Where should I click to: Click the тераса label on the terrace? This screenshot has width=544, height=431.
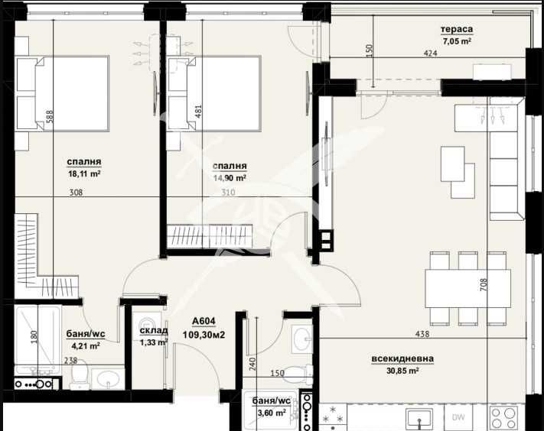pyautogui.click(x=456, y=30)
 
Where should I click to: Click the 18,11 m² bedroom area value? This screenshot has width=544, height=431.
pyautogui.click(x=85, y=173)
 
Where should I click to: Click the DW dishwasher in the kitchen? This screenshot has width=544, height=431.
pyautogui.click(x=458, y=417)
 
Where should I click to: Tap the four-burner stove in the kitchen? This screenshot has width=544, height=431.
pyautogui.click(x=503, y=417)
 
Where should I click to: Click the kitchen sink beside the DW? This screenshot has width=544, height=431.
pyautogui.click(x=420, y=418)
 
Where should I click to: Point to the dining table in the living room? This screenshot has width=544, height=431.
pyautogui.click(x=467, y=288)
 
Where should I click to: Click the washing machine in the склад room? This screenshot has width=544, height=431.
pyautogui.click(x=146, y=326)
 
